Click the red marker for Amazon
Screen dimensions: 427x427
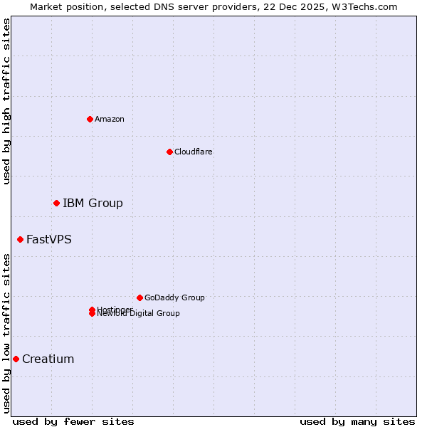[90, 119]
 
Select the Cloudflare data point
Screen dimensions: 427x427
[169, 152]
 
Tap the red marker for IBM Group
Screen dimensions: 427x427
[56, 204]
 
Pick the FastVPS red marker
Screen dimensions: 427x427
[20, 240]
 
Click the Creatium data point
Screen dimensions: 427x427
[16, 359]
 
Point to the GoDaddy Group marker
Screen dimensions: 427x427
[139, 297]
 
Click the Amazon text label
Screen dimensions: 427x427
[110, 119]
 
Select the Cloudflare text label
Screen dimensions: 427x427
[194, 152]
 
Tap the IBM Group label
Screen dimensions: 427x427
[93, 204]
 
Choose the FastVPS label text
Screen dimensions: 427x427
[49, 240]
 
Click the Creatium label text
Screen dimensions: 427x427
[48, 359]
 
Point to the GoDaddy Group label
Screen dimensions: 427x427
[174, 297]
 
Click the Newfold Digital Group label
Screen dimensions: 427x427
[139, 314]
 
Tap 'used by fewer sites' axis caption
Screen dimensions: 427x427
[73, 422]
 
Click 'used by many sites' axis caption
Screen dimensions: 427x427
[357, 422]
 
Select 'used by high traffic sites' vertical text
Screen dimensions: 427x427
[6, 101]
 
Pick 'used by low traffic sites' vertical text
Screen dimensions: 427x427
[6, 332]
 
